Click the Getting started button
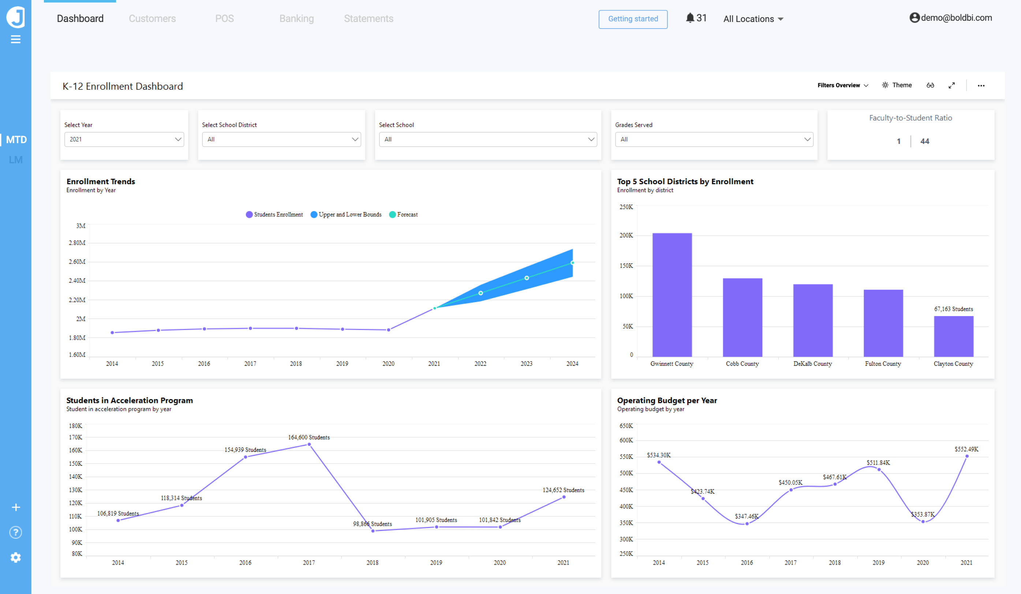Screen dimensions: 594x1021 633,19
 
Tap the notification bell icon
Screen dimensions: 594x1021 690,18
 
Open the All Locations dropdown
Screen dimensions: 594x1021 753,19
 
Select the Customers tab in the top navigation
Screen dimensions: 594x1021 152,19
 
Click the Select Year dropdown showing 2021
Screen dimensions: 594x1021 124,139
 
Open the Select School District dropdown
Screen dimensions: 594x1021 281,139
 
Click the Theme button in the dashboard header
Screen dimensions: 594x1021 897,85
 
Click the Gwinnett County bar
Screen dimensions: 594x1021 672,295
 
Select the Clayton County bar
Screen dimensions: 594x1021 953,336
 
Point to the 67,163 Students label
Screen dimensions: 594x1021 953,309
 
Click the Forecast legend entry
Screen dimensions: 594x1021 404,215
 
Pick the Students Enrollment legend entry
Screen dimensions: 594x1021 274,215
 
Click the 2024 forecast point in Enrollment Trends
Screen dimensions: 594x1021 572,263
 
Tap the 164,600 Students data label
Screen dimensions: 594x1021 309,437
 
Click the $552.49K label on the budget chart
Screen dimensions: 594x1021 966,449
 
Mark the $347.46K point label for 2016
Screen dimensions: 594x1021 746,516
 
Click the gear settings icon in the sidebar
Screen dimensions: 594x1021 15,557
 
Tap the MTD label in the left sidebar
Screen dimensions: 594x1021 16,140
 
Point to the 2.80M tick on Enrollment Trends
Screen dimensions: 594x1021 77,243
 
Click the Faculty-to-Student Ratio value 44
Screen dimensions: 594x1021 924,141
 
